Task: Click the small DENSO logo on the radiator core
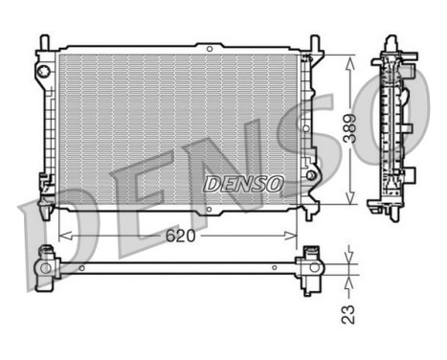(x=243, y=182)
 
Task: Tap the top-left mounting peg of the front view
(x=44, y=42)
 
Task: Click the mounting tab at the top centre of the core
(x=208, y=46)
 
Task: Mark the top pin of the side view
(x=391, y=39)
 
